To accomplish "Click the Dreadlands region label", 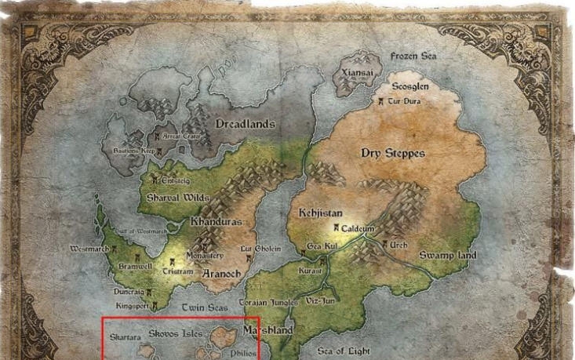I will tap(245, 124).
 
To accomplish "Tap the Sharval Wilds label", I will tap(178, 198).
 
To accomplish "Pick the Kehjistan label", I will tap(320, 213).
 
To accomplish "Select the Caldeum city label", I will tap(358, 227).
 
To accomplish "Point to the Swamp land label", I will tap(447, 256).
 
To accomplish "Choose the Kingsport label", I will tap(132, 304).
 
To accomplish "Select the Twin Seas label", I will tap(205, 308).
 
